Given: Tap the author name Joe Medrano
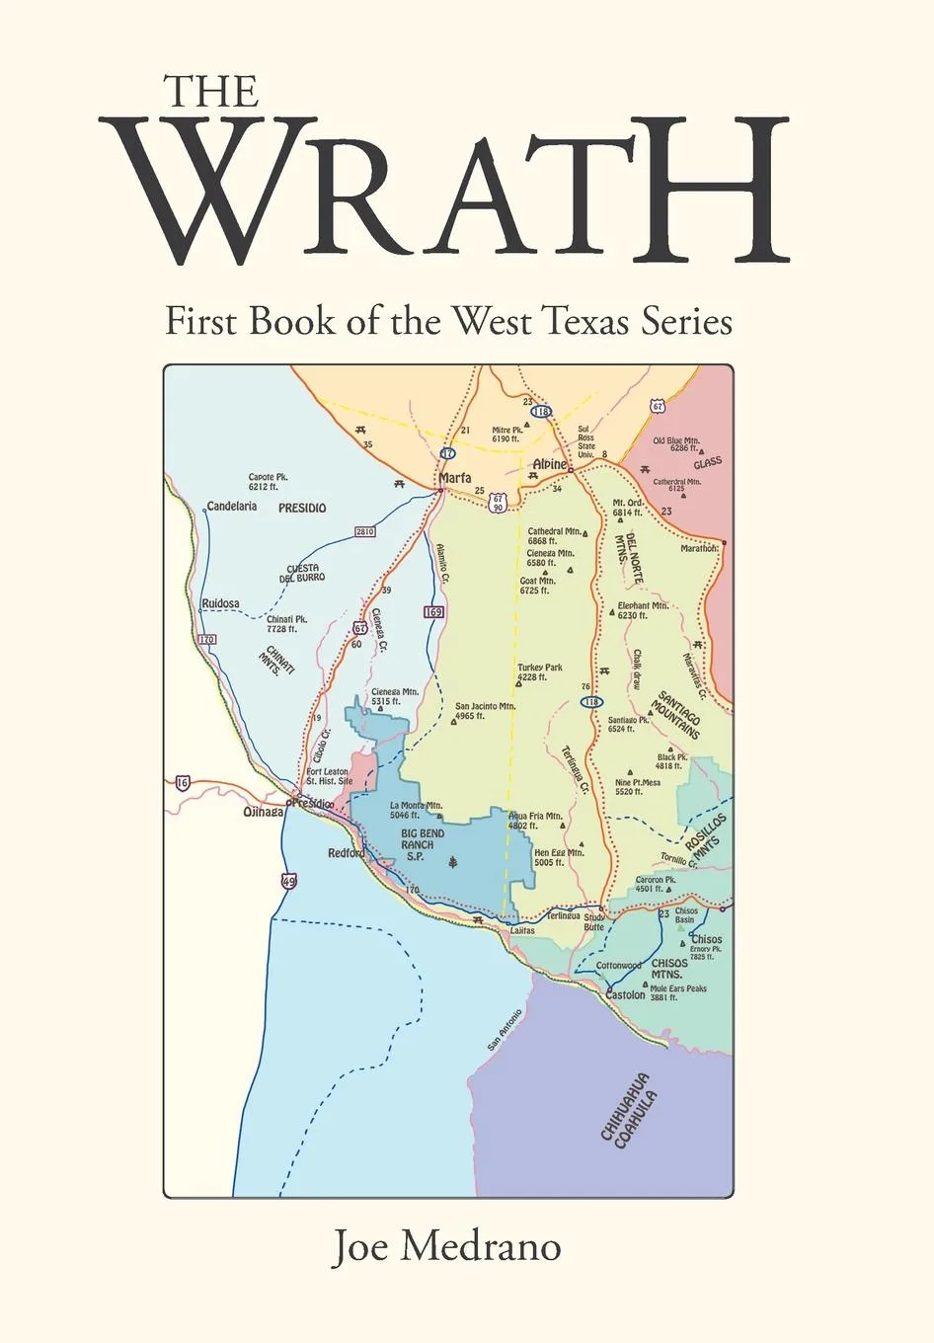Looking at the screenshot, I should click(x=446, y=1246).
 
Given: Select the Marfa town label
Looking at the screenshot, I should click(x=454, y=477).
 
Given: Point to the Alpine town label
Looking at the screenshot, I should click(x=550, y=464).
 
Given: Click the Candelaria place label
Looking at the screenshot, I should click(x=232, y=506).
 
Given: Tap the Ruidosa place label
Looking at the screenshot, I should click(x=220, y=603).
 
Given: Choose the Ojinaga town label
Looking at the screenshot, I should click(x=264, y=812).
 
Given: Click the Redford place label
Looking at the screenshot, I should click(x=347, y=853).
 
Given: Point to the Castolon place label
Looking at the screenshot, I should click(x=625, y=995).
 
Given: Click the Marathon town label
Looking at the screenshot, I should click(x=699, y=548).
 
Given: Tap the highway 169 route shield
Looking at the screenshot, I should click(x=433, y=612).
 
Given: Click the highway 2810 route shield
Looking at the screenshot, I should click(x=364, y=531).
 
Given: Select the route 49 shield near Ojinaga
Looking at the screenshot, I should click(x=287, y=882).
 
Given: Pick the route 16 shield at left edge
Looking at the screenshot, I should click(x=182, y=783).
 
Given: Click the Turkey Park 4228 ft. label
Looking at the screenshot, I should click(x=540, y=672).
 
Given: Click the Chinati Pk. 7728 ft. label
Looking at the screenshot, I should click(x=286, y=623).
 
